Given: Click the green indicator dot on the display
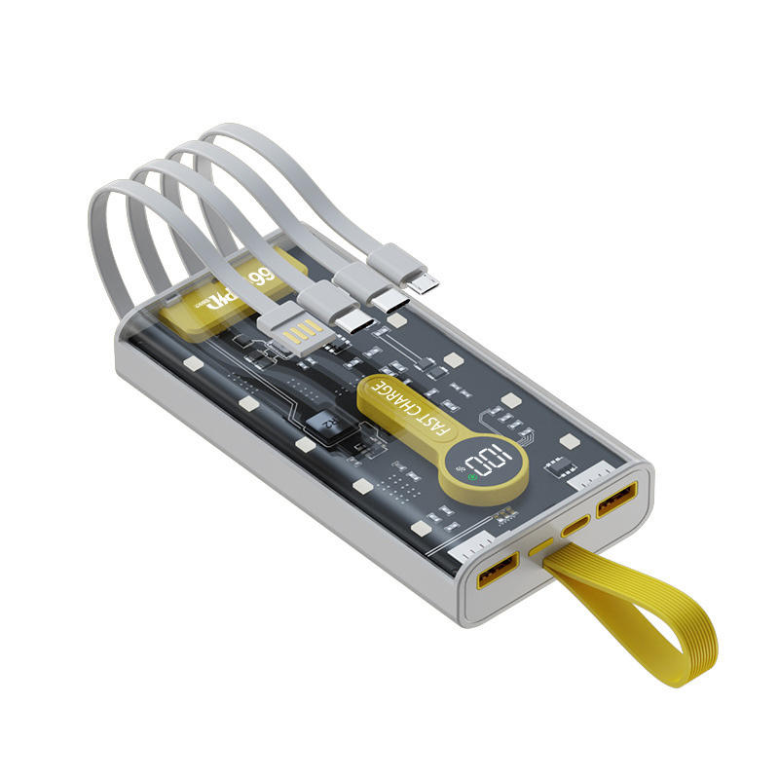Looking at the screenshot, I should pyautogui.click(x=474, y=477).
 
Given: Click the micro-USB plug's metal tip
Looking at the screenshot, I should pyautogui.click(x=424, y=282).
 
